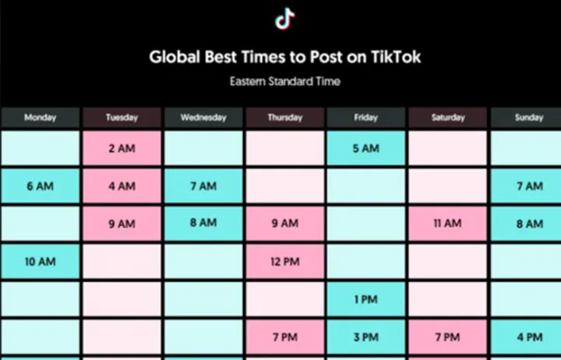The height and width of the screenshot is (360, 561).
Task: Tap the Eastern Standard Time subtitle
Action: [x=285, y=81]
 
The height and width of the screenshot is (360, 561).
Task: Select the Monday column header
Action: [x=40, y=118]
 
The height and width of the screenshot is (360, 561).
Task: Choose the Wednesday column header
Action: [x=203, y=118]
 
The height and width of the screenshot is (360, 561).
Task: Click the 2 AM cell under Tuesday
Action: [x=122, y=148]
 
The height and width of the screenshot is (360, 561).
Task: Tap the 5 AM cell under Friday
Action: [x=365, y=148]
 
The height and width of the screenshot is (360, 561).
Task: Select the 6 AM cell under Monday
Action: [x=40, y=186]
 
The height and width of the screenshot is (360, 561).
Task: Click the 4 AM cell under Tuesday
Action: [x=122, y=186]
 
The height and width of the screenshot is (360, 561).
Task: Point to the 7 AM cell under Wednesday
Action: [x=203, y=186]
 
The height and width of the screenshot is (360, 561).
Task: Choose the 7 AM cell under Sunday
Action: [x=528, y=186]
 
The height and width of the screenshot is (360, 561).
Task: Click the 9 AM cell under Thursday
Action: [x=284, y=224]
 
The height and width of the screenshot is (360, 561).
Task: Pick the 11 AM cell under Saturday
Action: [x=447, y=224]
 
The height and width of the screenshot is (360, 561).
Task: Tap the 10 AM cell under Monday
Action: [x=40, y=262]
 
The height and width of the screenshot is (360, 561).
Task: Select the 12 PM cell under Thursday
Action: [x=284, y=262]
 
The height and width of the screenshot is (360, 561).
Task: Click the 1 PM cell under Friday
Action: [x=365, y=299]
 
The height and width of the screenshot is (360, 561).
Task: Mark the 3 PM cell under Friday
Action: [x=365, y=337]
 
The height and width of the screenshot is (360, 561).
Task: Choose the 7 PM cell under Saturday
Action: [x=447, y=337]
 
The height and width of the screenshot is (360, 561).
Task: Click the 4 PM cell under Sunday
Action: [x=528, y=337]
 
